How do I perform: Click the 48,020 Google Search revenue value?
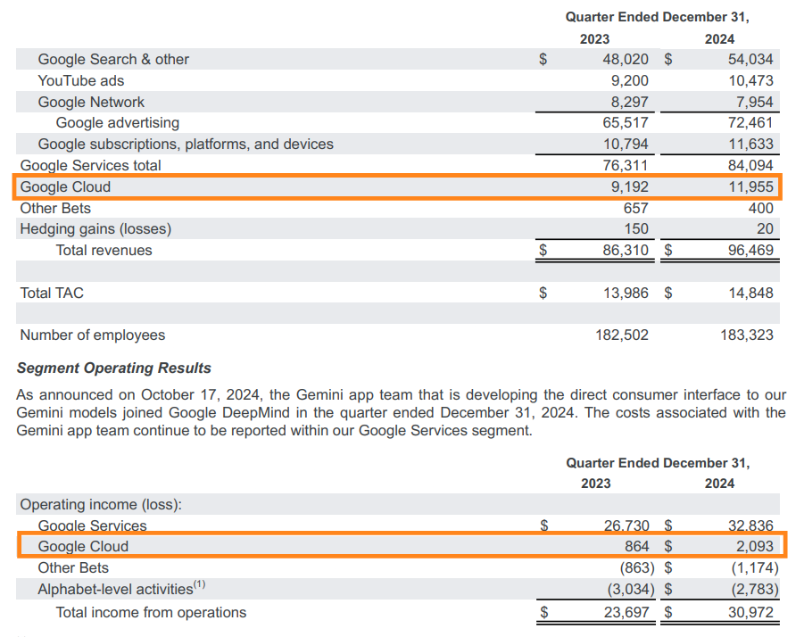tap(626, 60)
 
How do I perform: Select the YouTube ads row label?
tap(81, 80)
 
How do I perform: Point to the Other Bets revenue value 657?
tap(634, 208)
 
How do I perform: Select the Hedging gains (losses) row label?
tap(95, 229)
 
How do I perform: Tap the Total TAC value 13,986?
tap(626, 293)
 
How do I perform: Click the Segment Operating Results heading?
tap(114, 368)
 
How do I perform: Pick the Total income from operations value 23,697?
tap(626, 613)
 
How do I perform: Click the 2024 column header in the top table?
tap(719, 39)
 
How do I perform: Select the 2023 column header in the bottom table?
tap(595, 484)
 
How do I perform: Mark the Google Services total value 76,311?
tap(626, 165)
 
